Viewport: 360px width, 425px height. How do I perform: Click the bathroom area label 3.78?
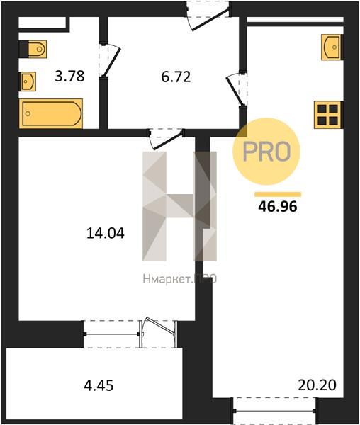(69, 76)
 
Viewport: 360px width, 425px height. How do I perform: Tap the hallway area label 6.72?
(176, 76)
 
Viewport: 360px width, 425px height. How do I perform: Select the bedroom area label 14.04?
(106, 233)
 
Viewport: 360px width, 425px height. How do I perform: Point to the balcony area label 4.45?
(99, 385)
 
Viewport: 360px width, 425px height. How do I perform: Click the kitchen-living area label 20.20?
(317, 385)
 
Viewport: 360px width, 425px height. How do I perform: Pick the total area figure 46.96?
(278, 207)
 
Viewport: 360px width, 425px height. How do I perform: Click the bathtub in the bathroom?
(51, 113)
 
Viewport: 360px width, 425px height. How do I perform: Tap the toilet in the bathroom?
(33, 49)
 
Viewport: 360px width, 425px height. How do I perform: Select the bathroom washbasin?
(28, 81)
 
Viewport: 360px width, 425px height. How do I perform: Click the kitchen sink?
(332, 47)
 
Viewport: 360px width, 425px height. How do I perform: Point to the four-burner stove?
(328, 115)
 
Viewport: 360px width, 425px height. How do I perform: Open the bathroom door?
(109, 60)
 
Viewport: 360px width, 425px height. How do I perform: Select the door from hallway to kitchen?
(237, 89)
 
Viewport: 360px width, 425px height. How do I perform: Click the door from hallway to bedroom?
(166, 139)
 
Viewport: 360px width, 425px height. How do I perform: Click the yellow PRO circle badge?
(266, 152)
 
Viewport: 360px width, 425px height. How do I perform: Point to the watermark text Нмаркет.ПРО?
(180, 279)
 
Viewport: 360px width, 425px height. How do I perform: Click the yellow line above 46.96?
(278, 194)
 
